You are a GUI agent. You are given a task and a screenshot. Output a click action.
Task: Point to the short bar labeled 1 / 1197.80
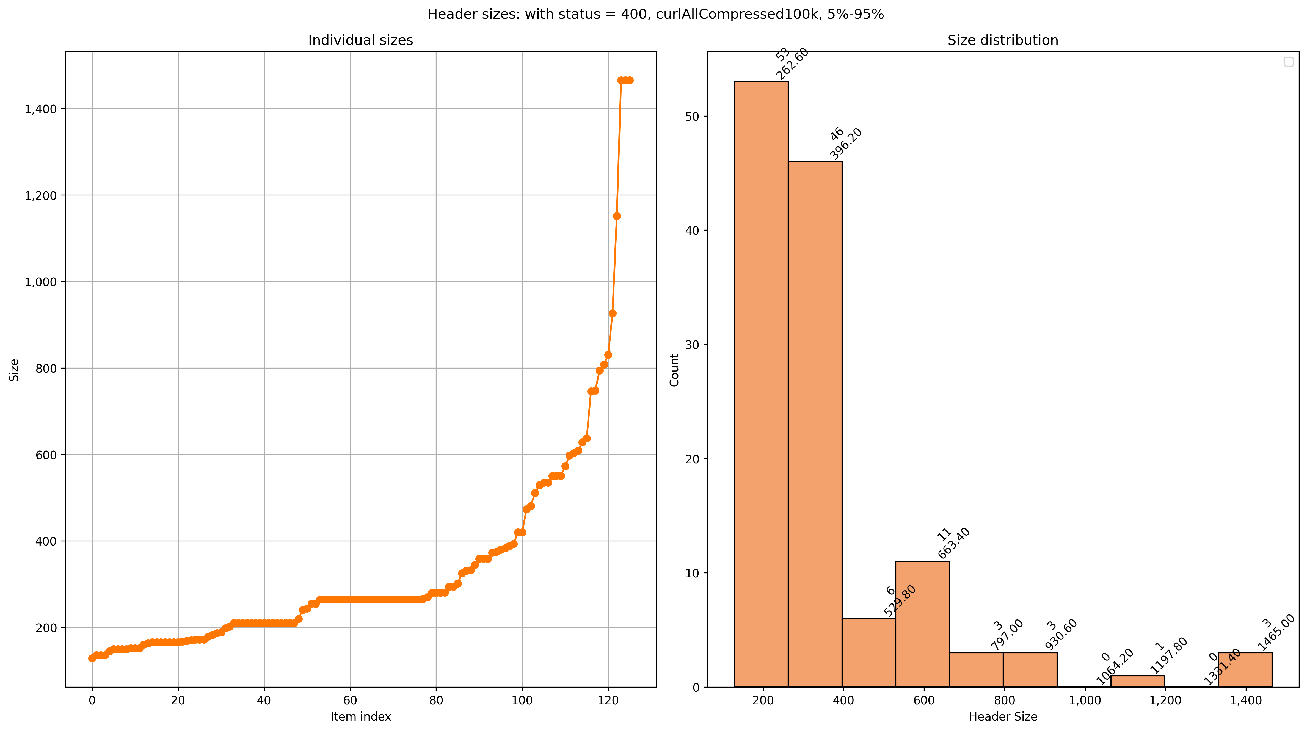coord(1138,681)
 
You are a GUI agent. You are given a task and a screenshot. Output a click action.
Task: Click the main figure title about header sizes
coord(655,14)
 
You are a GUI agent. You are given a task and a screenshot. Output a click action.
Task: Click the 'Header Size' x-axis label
coord(1003,716)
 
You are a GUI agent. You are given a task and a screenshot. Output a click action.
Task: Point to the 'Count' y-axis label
coord(674,370)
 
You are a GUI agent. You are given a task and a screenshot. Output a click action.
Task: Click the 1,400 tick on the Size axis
coord(41,109)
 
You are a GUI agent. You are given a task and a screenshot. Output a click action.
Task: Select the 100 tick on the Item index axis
coord(522,700)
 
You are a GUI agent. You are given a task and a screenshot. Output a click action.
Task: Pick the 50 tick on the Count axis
coord(693,116)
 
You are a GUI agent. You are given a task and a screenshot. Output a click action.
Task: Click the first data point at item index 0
coord(92,658)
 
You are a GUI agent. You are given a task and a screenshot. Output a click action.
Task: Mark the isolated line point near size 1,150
coord(616,216)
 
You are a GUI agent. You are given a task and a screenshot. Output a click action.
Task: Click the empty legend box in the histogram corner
coord(1288,61)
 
